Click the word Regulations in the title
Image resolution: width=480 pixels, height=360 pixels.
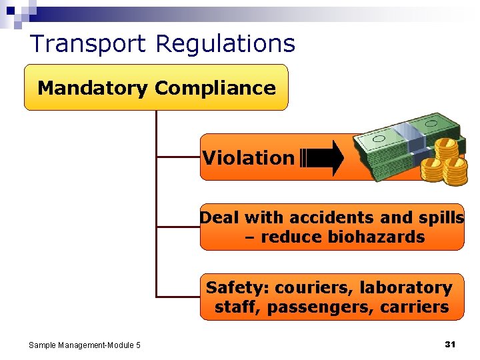point(225,44)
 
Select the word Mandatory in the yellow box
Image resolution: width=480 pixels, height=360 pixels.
point(92,88)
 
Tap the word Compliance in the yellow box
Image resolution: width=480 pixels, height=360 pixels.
point(215,88)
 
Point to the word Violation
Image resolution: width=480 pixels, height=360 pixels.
point(248,158)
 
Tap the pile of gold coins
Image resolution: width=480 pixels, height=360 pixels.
point(444,160)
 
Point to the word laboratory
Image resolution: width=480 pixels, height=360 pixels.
point(406,288)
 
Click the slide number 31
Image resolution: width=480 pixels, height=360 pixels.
point(449,344)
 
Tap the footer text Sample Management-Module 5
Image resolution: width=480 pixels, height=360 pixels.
point(85,345)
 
